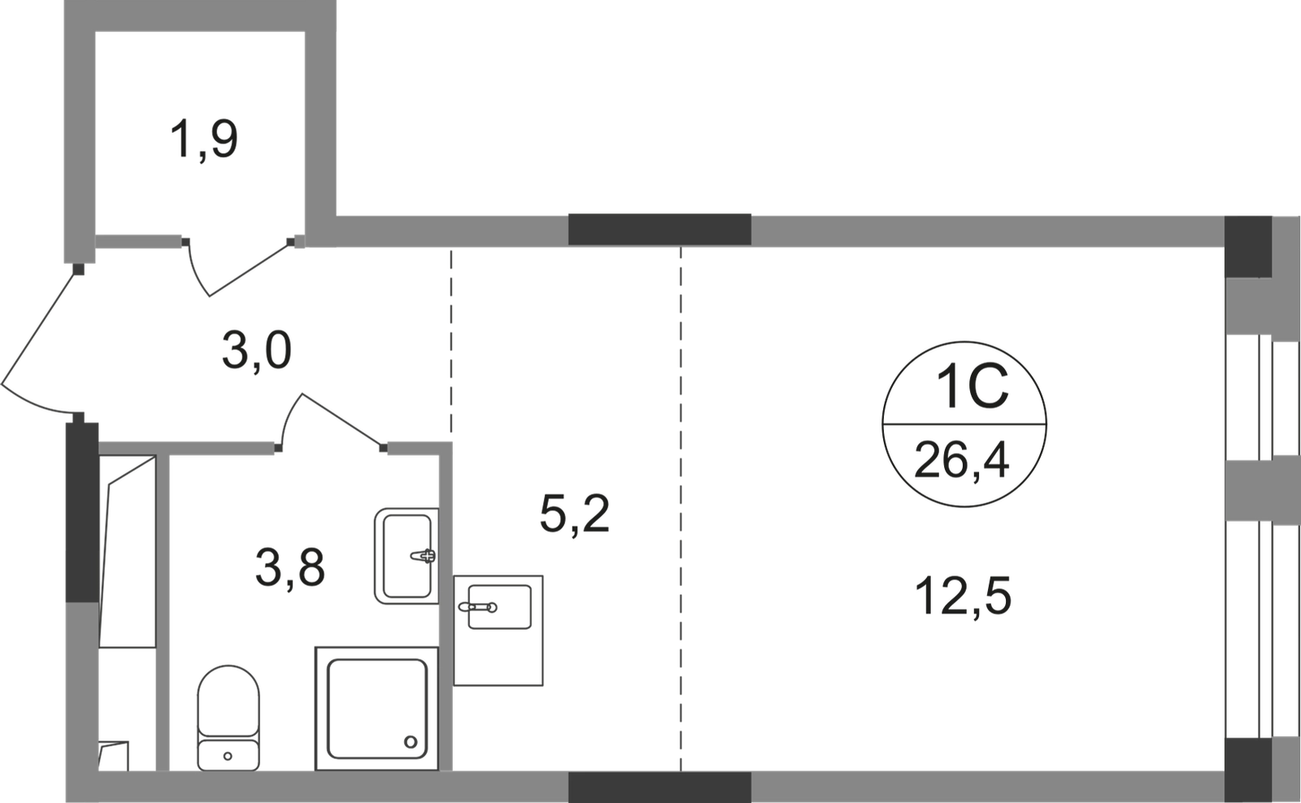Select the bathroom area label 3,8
(290, 568)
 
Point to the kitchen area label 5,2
(576, 514)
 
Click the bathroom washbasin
(404, 555)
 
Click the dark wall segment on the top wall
(659, 228)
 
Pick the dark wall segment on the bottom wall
(659, 787)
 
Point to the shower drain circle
(410, 741)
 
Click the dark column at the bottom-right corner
(1247, 768)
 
